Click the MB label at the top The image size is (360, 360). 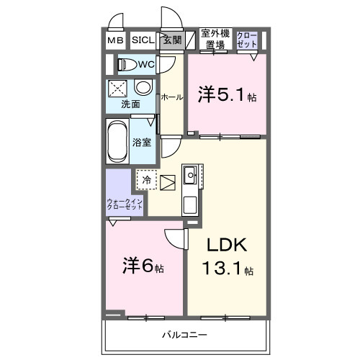pyautogui.click(x=115, y=40)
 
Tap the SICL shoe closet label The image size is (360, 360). pyautogui.click(x=141, y=40)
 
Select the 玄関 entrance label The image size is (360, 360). pyautogui.click(x=171, y=40)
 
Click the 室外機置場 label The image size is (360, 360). pyautogui.click(x=214, y=39)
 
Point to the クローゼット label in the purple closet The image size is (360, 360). pyautogui.click(x=247, y=39)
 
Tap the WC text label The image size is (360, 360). pyautogui.click(x=147, y=65)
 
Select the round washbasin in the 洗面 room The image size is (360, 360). pyautogui.click(x=143, y=89)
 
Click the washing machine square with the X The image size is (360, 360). pyautogui.click(x=118, y=89)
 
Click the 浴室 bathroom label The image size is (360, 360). pyautogui.click(x=142, y=141)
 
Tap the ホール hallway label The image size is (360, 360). pyautogui.click(x=171, y=96)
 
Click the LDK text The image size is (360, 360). pyautogui.click(x=228, y=246)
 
